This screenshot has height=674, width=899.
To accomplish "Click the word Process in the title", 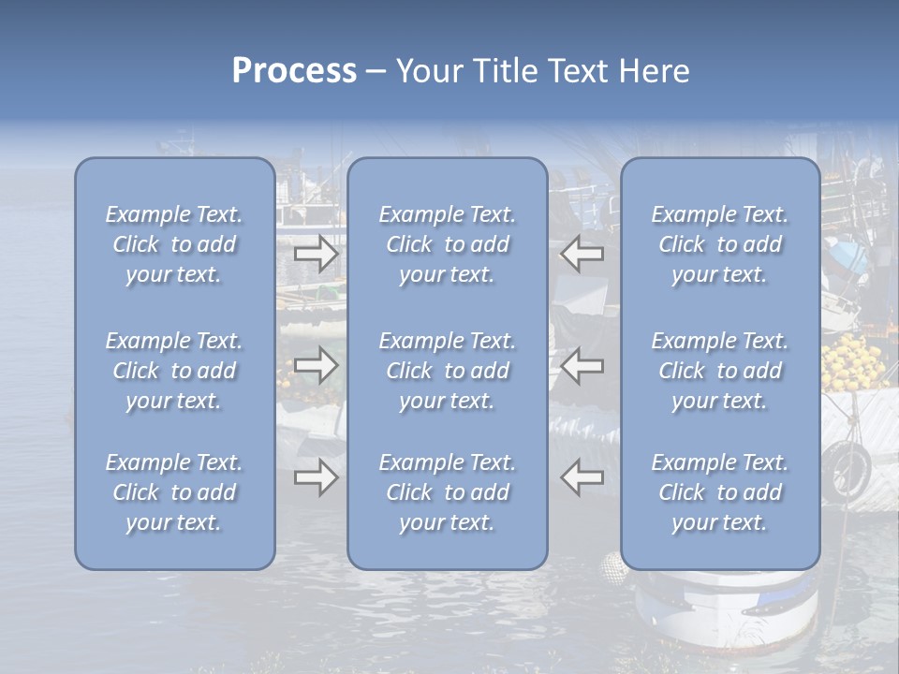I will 294,71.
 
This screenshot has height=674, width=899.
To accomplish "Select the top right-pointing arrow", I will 317,254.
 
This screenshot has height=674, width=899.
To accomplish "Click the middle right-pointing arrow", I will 317,365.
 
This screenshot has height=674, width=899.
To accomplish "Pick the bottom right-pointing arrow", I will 317,478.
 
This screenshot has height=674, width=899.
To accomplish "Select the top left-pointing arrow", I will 582,254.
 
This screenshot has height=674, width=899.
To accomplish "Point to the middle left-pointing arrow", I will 582,365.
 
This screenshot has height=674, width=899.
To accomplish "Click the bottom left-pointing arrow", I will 582,478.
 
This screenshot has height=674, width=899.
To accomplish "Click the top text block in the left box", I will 174,244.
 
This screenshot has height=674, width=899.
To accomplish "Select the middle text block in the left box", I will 174,371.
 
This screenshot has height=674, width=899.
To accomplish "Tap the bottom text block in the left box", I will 174,492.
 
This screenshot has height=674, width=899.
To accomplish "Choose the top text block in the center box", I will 447,244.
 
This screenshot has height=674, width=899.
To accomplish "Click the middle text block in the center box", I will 447,371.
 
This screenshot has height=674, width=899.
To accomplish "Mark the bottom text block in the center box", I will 447,492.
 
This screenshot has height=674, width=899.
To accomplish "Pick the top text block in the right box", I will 720,244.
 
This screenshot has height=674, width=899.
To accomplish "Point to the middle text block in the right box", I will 720,371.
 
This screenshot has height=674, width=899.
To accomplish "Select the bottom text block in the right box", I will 720,492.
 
